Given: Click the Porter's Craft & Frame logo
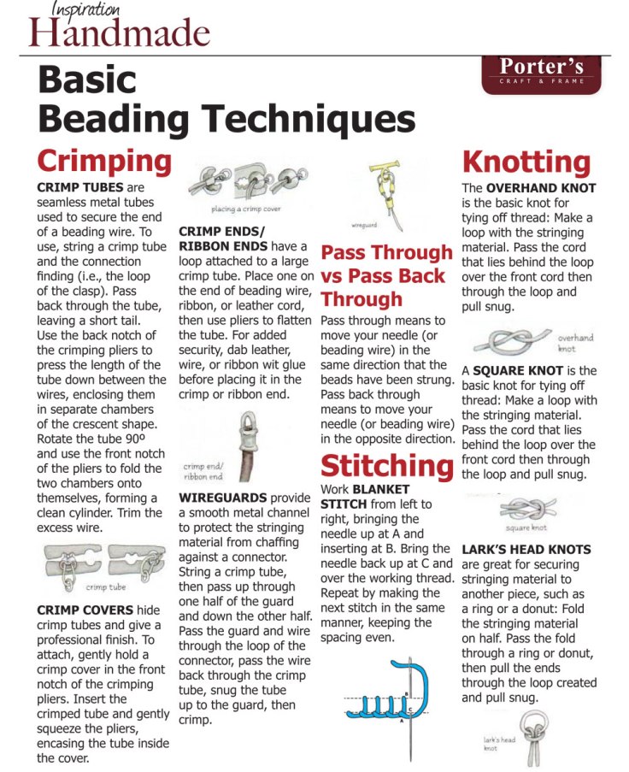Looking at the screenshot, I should [542, 71].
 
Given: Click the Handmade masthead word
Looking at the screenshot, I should [119, 32].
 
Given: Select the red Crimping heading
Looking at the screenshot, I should [104, 162].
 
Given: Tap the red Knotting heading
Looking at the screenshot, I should [526, 162].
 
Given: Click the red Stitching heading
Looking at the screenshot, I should [386, 466].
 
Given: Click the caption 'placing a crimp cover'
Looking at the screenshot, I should [246, 209].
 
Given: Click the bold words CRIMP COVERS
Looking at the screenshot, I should [85, 610].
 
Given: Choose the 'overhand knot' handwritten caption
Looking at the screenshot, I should [574, 343].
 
